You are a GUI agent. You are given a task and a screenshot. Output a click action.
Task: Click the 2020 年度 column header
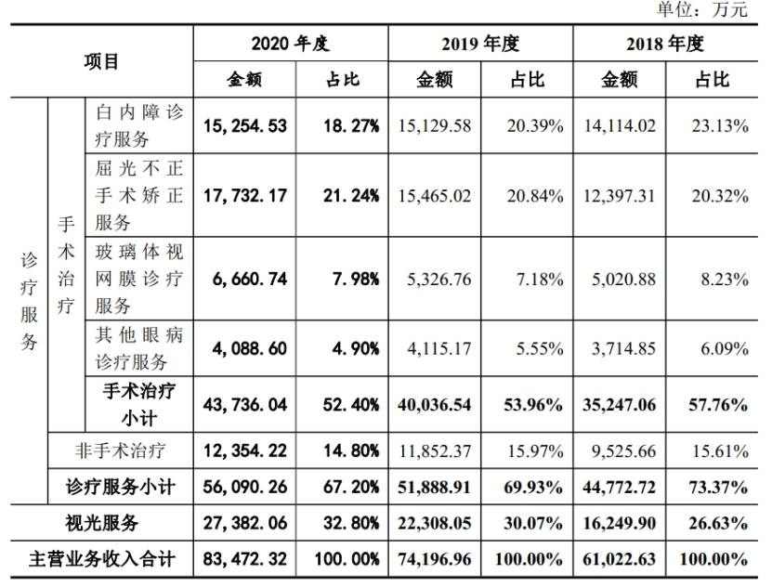(x=291, y=44)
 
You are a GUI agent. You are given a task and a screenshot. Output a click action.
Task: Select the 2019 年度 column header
(x=480, y=44)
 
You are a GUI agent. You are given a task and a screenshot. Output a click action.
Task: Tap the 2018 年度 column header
(x=665, y=44)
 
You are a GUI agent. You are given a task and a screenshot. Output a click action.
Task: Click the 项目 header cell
(x=101, y=61)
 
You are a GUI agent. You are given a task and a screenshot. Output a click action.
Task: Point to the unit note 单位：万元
(x=703, y=9)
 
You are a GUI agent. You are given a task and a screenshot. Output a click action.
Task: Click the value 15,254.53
(x=245, y=126)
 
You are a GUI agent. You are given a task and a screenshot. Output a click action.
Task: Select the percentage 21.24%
(x=351, y=196)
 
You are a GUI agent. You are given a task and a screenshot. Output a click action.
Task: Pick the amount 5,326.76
(x=439, y=280)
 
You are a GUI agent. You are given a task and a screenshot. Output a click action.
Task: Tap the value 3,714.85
(x=623, y=349)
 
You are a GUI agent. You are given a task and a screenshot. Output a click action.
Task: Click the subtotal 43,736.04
(x=245, y=405)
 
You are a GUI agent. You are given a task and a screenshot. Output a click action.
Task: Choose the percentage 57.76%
(x=719, y=405)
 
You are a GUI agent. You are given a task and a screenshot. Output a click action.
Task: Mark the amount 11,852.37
(x=435, y=450)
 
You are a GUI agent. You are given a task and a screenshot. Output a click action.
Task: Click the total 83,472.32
(x=245, y=559)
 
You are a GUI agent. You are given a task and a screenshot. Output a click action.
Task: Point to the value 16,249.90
(x=620, y=523)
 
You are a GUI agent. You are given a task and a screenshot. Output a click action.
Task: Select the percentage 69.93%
(x=533, y=487)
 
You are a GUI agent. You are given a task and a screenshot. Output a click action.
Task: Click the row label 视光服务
(x=101, y=523)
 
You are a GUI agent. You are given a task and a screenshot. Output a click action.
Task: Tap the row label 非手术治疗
(x=120, y=450)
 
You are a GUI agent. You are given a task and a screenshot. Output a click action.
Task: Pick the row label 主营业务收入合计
(x=101, y=559)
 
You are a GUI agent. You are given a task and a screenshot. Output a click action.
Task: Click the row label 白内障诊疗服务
(x=138, y=126)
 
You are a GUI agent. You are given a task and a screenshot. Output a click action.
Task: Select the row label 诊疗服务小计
(x=120, y=487)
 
